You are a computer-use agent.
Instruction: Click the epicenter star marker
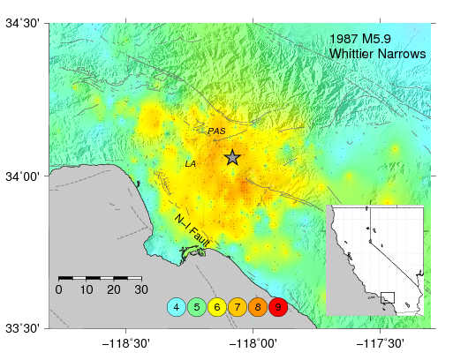232,158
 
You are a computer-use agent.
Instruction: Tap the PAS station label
216,131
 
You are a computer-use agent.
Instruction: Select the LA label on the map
191,164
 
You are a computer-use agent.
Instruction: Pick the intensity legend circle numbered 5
197,307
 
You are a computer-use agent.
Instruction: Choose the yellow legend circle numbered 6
217,307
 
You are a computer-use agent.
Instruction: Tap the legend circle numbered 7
238,307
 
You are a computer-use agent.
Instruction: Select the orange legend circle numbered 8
258,307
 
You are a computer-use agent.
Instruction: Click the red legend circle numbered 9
278,307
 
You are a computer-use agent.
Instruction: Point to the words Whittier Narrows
377,55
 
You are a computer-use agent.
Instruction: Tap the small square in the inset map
388,298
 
